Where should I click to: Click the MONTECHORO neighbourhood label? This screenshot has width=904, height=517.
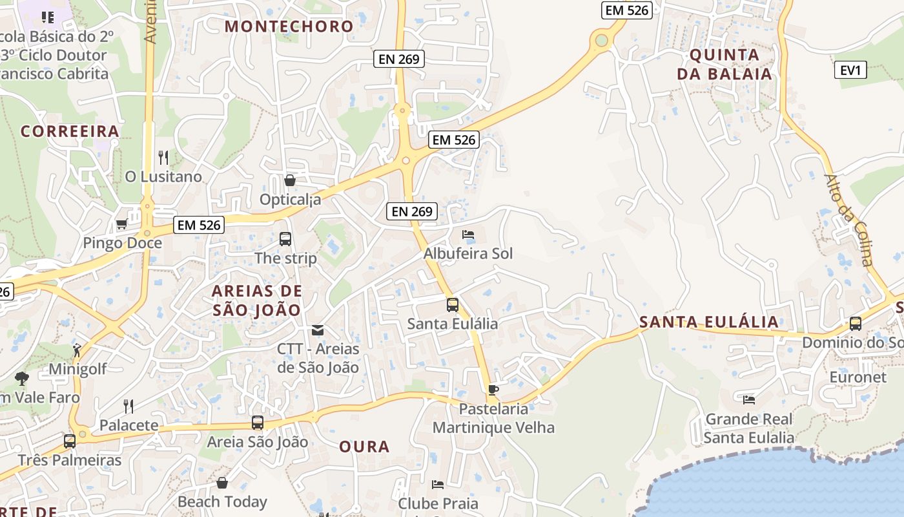click(x=289, y=26)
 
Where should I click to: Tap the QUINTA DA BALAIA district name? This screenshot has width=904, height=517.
click(x=724, y=64)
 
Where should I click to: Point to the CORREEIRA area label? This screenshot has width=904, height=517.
click(x=70, y=131)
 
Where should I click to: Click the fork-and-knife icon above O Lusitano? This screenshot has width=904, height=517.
click(x=163, y=157)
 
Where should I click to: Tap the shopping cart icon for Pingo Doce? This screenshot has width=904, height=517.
click(x=121, y=224)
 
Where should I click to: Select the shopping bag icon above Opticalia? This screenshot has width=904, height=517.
click(x=290, y=180)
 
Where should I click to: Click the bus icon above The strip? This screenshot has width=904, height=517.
click(x=285, y=239)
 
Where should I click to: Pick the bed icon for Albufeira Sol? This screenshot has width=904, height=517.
click(x=468, y=235)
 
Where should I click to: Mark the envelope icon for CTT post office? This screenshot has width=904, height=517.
click(x=318, y=330)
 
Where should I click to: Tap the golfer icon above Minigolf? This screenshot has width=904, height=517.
click(x=77, y=350)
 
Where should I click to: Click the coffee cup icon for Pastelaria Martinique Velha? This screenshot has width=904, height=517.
click(x=493, y=390)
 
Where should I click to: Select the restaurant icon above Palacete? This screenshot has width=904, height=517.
click(x=128, y=406)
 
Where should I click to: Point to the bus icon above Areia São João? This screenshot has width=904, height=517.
click(x=258, y=423)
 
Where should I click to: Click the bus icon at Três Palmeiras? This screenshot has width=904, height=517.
click(x=70, y=441)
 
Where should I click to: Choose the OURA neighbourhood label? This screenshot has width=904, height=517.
click(x=364, y=447)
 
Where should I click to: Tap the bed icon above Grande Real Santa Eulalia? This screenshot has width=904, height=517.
click(x=749, y=400)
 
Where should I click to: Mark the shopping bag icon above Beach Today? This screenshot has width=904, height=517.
click(x=222, y=483)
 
